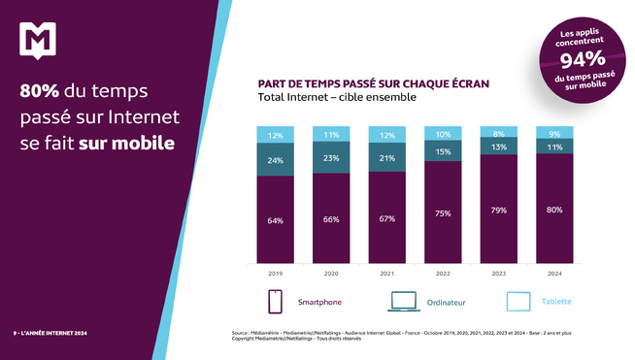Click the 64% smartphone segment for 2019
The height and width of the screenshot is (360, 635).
pyautogui.click(x=276, y=220)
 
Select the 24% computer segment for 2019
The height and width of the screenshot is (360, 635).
pyautogui.click(x=276, y=160)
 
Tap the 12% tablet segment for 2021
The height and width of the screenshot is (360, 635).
pyautogui.click(x=386, y=135)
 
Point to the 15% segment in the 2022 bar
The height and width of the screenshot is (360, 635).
pyautogui.click(x=442, y=152)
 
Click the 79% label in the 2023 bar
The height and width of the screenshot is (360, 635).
pyautogui.click(x=497, y=210)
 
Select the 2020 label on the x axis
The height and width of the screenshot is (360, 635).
pyautogui.click(x=330, y=274)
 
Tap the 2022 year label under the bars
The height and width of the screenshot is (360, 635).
pyautogui.click(x=442, y=274)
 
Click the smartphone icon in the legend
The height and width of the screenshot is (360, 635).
pyautogui.click(x=275, y=302)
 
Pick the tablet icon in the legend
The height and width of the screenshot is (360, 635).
pyautogui.click(x=519, y=302)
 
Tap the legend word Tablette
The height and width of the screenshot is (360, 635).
pyautogui.click(x=558, y=303)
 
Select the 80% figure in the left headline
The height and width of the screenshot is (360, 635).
pyautogui.click(x=40, y=92)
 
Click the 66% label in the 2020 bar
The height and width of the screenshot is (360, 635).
pyautogui.click(x=330, y=219)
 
